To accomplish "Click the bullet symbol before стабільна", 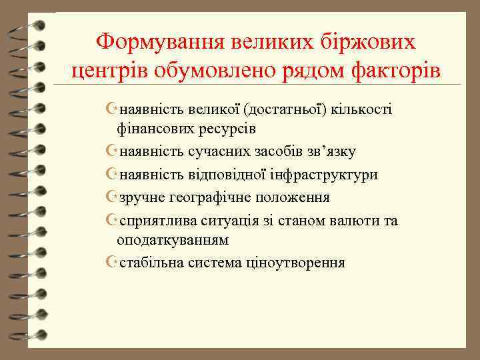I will [x=111, y=263].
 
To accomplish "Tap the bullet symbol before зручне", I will [x=111, y=198].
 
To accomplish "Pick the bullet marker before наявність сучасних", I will [x=111, y=151].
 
